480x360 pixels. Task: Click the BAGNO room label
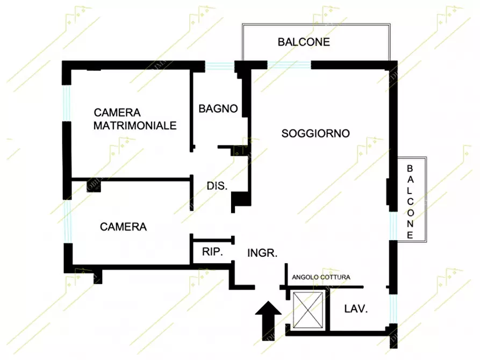pyautogui.click(x=218, y=109)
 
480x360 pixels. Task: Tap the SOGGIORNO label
pyautogui.click(x=316, y=133)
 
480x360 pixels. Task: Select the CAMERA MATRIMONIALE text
pyautogui.click(x=135, y=119)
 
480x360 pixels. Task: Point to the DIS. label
pyautogui.click(x=217, y=186)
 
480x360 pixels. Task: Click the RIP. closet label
pyautogui.click(x=212, y=251)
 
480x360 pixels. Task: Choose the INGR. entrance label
pyautogui.click(x=262, y=253)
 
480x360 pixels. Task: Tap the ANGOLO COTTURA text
pyautogui.click(x=321, y=277)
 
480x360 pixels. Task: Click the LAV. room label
pyautogui.click(x=355, y=309)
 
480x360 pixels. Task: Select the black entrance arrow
pyautogui.click(x=267, y=319)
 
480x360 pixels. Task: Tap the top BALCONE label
pyautogui.click(x=304, y=42)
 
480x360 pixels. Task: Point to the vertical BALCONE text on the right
pyautogui.click(x=410, y=201)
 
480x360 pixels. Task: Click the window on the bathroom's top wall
pyautogui.click(x=220, y=66)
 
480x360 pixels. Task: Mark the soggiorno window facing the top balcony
pyautogui.click(x=289, y=65)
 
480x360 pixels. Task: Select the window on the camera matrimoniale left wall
pyautogui.click(x=67, y=103)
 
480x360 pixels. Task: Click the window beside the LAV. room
pyautogui.click(x=392, y=308)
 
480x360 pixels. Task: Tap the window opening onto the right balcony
pyautogui.click(x=393, y=226)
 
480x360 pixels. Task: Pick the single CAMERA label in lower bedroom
pyautogui.click(x=123, y=227)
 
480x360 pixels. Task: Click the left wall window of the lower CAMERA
pyautogui.click(x=67, y=221)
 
